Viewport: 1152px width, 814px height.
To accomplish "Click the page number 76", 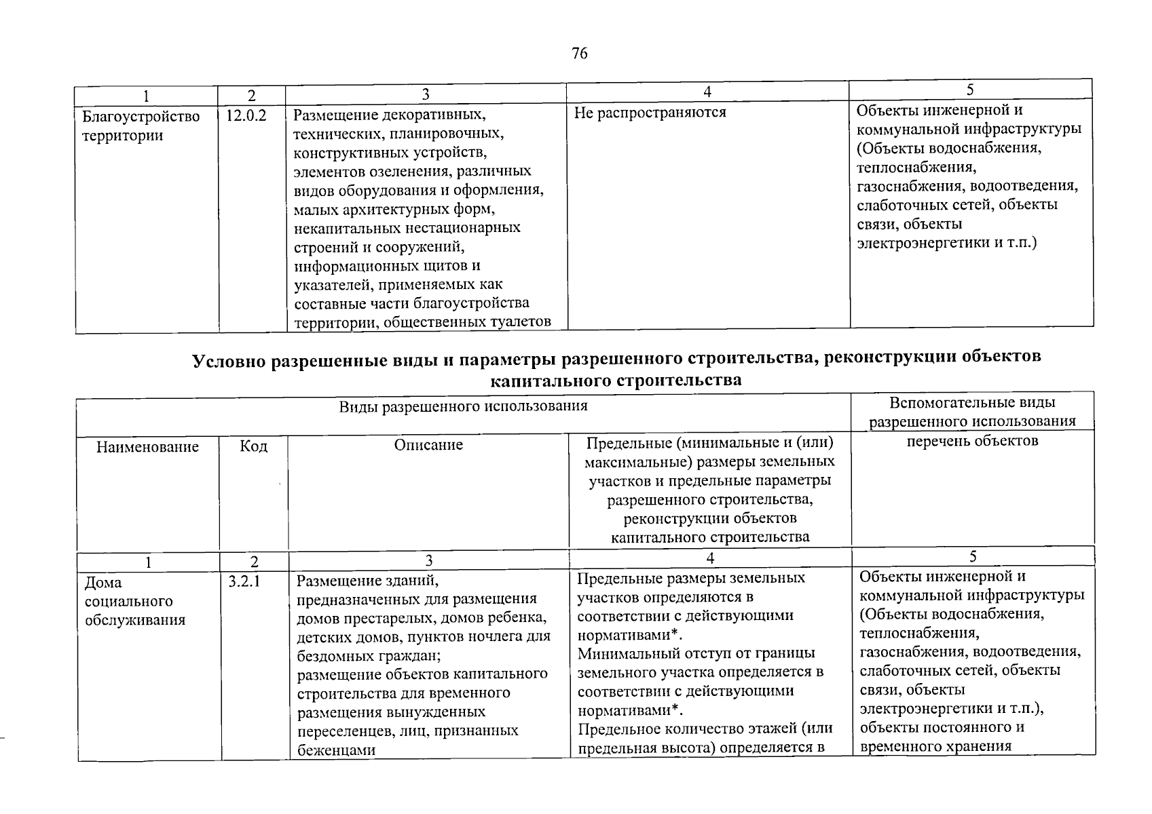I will coord(579,54).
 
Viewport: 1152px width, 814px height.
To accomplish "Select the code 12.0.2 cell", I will coord(246,116).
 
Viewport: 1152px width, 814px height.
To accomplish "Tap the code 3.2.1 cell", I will coord(245,581).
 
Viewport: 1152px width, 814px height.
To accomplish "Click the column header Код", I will coord(253,446).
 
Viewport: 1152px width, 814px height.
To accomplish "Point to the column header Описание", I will coord(428,445).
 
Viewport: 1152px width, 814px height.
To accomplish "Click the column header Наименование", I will coord(147,447).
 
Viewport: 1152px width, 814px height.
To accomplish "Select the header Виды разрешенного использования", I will coord(463,406).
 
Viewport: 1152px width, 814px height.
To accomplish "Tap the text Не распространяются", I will coord(650,113).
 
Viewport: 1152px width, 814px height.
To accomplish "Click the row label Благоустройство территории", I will coord(141,126).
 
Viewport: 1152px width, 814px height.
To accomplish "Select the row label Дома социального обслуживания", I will coord(134,601).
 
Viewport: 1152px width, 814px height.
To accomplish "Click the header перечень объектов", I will coord(973,441).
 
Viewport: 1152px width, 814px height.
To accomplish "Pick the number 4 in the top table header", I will coord(707,92).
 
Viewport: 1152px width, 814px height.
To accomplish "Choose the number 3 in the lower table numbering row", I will coord(428,560).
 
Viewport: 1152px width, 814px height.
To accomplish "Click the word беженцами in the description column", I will coord(336,750).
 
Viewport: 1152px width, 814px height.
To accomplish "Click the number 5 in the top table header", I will coord(970,90).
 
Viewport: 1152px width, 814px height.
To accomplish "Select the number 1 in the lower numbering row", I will coord(148,562).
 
